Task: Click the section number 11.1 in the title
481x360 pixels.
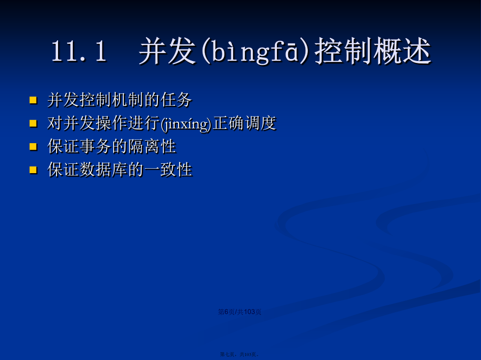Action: pos(79,51)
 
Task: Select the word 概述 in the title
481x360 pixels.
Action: pos(402,51)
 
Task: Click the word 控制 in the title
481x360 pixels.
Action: pos(343,51)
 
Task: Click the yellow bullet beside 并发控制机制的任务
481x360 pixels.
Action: pos(33,100)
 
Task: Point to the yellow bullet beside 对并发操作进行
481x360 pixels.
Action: pos(33,123)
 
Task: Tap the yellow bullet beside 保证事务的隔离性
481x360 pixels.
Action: pos(33,147)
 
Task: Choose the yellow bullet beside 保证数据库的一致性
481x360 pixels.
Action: pos(33,170)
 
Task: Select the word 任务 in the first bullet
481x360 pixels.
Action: pos(177,100)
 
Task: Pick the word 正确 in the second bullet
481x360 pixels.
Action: pos(228,123)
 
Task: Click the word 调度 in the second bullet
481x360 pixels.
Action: pos(261,123)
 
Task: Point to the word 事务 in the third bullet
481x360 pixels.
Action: pos(95,146)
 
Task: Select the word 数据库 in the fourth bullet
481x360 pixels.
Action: pos(103,170)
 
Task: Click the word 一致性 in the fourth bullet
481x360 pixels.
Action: pos(168,170)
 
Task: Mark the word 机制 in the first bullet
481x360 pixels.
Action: pos(128,100)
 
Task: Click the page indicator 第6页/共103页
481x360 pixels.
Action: pos(240,312)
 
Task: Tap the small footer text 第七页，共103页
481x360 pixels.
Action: pos(240,355)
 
